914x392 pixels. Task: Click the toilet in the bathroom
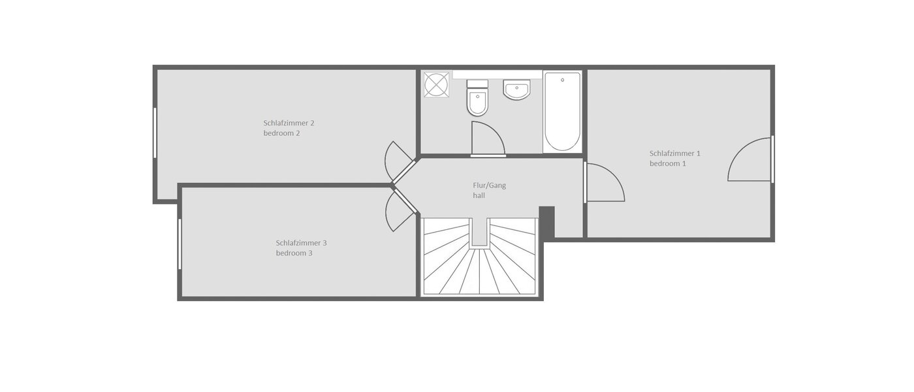tap(477, 99)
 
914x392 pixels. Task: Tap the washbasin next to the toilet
tap(516, 90)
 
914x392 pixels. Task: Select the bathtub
tap(562, 111)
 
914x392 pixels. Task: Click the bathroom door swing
tap(486, 139)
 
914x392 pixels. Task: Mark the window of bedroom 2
tap(155, 133)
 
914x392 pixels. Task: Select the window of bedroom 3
tap(180, 244)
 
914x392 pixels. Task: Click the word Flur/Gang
tap(489, 186)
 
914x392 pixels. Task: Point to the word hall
tap(479, 195)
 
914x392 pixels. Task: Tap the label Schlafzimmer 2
tap(289, 123)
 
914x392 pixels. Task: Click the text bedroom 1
tap(667, 164)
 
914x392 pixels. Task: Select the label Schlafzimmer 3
tap(301, 243)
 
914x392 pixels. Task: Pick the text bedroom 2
tap(281, 133)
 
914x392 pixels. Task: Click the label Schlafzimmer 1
tap(674, 154)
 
